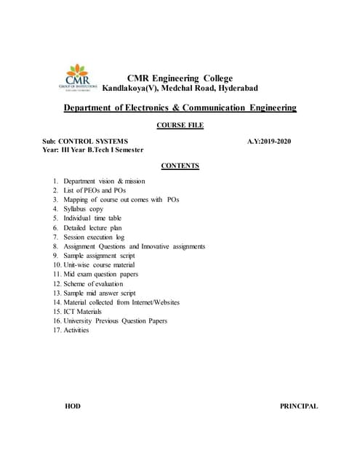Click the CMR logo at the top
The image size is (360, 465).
(78, 78)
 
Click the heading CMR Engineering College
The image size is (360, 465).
(180, 78)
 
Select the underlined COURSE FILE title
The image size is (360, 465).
(180, 126)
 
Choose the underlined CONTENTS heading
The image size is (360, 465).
(180, 166)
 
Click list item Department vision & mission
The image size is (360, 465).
(104, 181)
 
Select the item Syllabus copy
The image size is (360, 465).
(83, 209)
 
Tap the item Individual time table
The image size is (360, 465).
(92, 218)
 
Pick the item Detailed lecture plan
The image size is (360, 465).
(92, 227)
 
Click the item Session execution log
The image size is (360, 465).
(94, 237)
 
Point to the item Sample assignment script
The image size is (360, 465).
(99, 256)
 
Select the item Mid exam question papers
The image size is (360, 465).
(100, 274)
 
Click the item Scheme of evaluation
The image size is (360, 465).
(94, 283)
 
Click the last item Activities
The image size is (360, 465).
(76, 330)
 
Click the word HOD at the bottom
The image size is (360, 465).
(73, 406)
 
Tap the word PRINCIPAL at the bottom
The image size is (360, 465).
(298, 406)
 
